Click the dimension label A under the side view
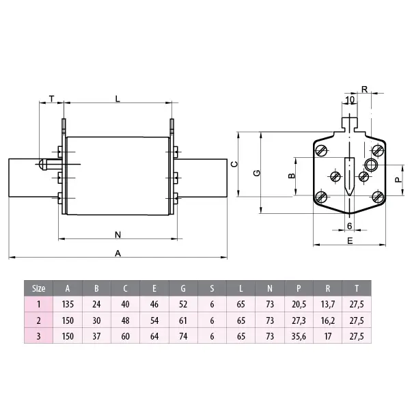tap(118, 253)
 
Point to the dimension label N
tap(118, 234)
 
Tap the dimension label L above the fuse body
tap(118, 99)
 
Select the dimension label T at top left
tap(52, 99)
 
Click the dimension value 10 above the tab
tap(350, 100)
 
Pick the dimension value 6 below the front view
tap(349, 225)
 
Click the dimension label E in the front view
tap(350, 241)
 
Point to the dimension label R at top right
tap(364, 90)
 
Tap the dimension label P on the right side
tap(398, 180)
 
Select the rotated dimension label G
tap(257, 173)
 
